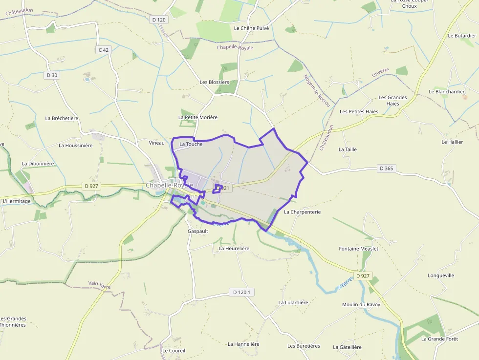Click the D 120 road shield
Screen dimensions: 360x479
click(159, 20)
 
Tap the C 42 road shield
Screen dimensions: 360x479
click(103, 49)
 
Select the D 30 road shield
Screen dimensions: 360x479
click(51, 75)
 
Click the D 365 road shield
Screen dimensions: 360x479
click(386, 169)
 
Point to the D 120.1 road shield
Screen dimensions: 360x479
click(242, 292)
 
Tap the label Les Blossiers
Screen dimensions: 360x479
click(214, 82)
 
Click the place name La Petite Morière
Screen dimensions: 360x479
click(197, 117)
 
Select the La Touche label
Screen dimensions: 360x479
click(191, 144)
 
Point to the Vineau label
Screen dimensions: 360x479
click(156, 143)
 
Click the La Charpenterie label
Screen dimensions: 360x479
click(302, 212)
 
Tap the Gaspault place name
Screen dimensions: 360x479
click(197, 231)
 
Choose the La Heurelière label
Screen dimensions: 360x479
click(234, 248)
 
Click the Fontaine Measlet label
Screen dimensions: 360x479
click(358, 249)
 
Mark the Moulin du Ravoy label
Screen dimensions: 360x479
click(361, 305)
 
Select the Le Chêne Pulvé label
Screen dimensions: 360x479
click(251, 28)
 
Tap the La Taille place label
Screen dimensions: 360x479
click(348, 149)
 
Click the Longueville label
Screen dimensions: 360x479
click(441, 275)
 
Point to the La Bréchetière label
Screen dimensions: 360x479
click(62, 118)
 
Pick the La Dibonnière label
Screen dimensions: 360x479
click(38, 164)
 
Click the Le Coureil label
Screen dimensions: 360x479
click(174, 351)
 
